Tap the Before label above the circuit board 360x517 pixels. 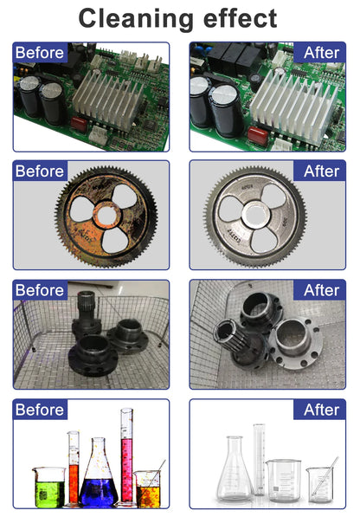coord(40,53)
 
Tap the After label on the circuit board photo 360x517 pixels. coord(321,53)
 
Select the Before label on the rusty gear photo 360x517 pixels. coord(40,171)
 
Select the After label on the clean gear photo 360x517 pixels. coord(321,171)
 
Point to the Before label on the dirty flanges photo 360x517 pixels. coord(40,290)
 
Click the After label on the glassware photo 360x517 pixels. coord(321,410)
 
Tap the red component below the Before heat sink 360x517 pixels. coord(80,124)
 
